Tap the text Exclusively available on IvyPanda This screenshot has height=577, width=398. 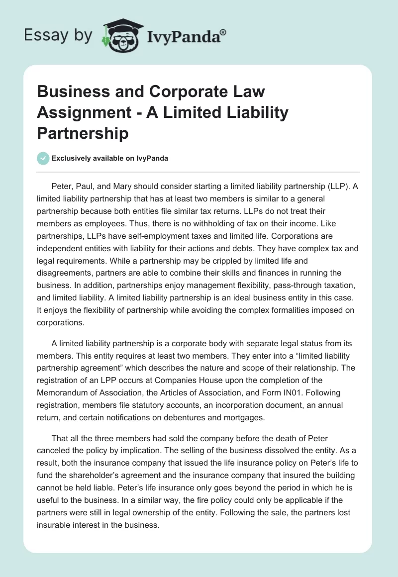pyautogui.click(x=109, y=159)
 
